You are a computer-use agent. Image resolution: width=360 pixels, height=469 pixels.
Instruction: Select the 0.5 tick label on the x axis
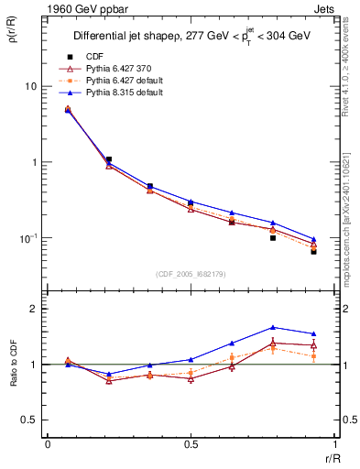pyautogui.click(x=190, y=445)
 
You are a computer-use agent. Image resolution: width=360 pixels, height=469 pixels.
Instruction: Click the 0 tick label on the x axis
pyautogui.click(x=48, y=445)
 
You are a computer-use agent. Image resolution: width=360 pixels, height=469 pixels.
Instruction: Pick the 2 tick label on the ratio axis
pyautogui.click(x=33, y=309)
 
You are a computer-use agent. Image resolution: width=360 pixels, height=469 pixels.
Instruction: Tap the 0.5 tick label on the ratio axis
pyautogui.click(x=28, y=420)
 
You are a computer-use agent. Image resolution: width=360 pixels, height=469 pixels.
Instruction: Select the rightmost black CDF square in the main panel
pyautogui.click(x=313, y=250)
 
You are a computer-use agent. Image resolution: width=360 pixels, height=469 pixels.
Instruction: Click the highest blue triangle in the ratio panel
pyautogui.click(x=273, y=327)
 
